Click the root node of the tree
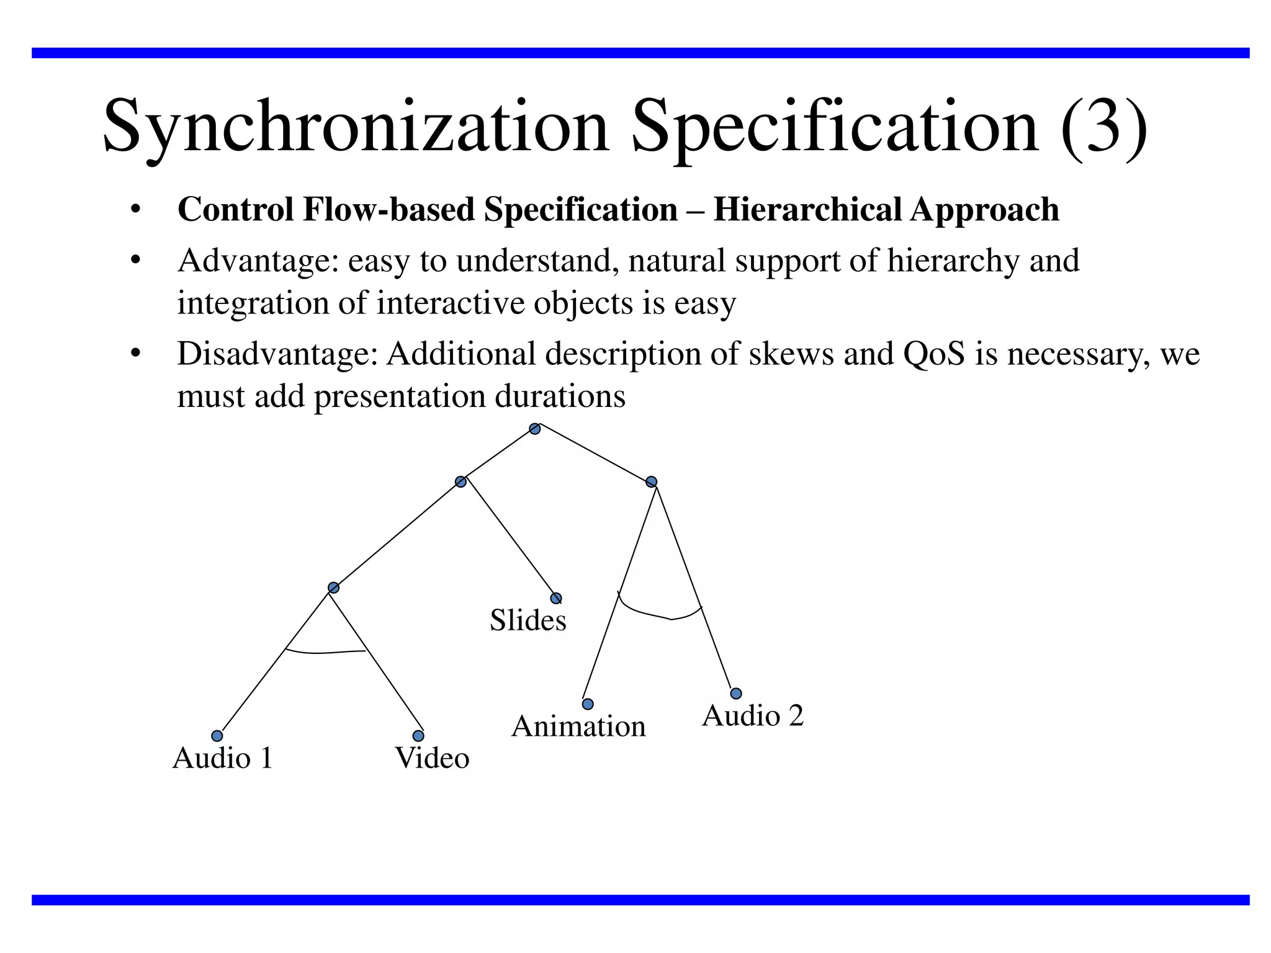(x=534, y=429)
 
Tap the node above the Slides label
(x=556, y=598)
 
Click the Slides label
(x=528, y=620)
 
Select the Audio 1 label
(x=222, y=758)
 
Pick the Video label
(x=432, y=758)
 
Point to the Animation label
(x=578, y=727)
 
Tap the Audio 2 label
(x=752, y=716)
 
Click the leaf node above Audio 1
(x=217, y=736)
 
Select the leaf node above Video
(x=418, y=736)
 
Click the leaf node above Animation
(x=588, y=704)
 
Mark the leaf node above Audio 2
(x=735, y=694)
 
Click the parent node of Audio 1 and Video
(x=333, y=588)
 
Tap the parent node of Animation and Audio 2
(x=651, y=481)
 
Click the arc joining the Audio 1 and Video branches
(x=324, y=652)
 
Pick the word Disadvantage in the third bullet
(x=277, y=354)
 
